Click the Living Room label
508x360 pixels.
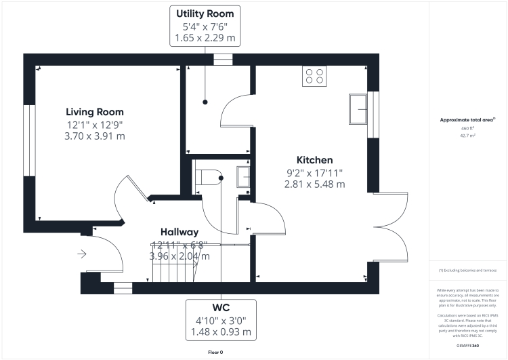(x=95, y=112)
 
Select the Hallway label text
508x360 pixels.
(x=179, y=232)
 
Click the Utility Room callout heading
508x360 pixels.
(x=205, y=14)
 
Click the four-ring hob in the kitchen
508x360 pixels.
(x=314, y=75)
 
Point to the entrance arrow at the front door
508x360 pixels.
(x=83, y=254)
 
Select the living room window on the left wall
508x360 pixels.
(x=28, y=140)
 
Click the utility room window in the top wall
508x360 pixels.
(x=222, y=60)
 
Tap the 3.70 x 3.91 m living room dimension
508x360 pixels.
(x=95, y=136)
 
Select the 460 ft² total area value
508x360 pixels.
(x=468, y=128)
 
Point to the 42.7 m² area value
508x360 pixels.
(x=468, y=136)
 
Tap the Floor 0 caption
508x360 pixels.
(x=215, y=352)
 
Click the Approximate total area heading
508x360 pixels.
(x=467, y=119)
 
